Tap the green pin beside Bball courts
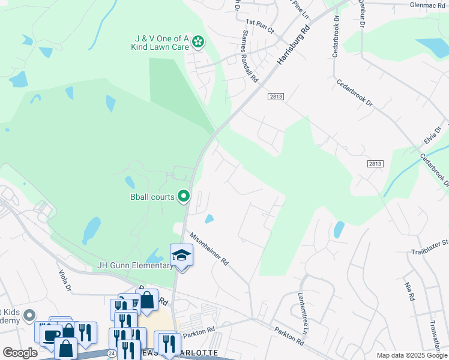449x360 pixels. click(184, 196)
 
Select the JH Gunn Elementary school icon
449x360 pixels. click(181, 256)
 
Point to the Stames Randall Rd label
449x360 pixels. click(250, 58)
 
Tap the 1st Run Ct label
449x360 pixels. click(260, 26)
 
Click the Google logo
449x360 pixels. click(20, 353)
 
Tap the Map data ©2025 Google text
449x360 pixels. click(411, 355)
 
